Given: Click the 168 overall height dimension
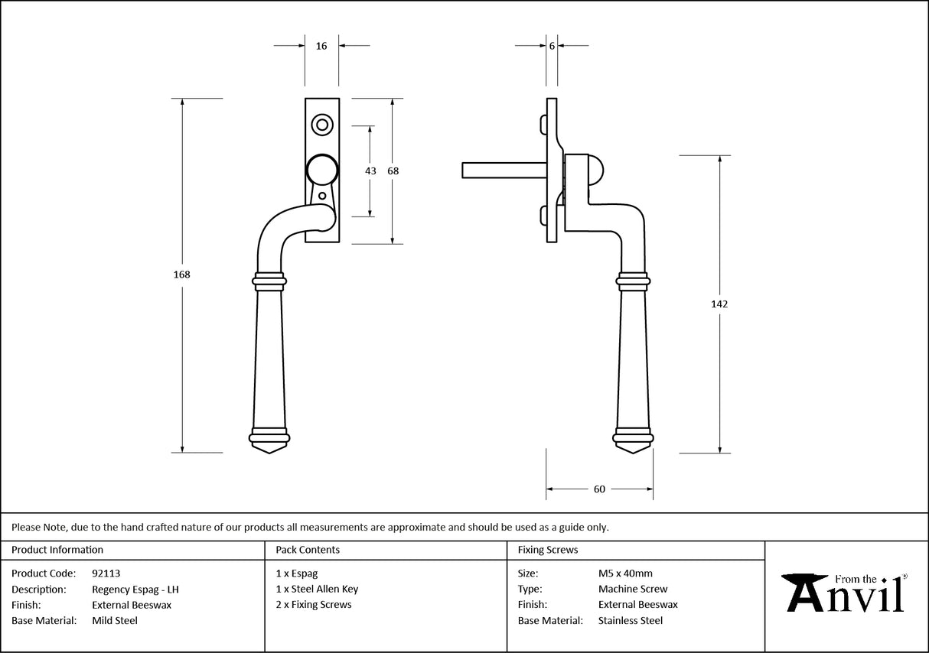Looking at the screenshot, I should [x=182, y=275].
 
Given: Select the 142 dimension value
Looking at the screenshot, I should [x=719, y=304].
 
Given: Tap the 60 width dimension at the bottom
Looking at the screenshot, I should [x=599, y=489].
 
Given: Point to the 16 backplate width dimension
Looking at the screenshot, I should [x=321, y=46].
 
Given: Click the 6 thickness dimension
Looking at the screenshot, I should [x=552, y=46].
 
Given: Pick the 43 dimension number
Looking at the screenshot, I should [x=370, y=171].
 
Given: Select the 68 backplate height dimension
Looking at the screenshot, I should [x=393, y=171].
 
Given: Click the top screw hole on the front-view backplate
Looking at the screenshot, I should [x=321, y=124].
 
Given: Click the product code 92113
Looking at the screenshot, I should [x=106, y=573].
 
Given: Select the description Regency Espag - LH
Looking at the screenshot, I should [x=135, y=590].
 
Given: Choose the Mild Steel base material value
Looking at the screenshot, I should [x=115, y=621].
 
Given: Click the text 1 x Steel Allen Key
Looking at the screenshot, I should [x=317, y=589].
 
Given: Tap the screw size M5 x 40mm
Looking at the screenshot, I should [x=625, y=573].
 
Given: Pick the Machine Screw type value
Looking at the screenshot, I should [x=633, y=589].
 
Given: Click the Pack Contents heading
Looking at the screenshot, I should [x=308, y=550].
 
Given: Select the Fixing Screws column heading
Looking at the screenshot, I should [x=548, y=550].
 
